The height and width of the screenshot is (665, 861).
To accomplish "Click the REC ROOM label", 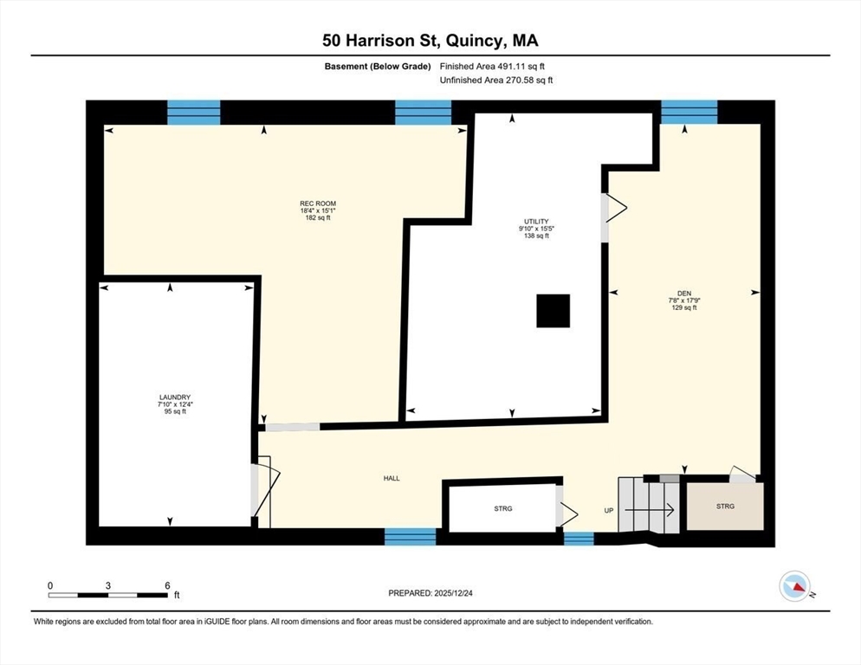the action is [x=318, y=203].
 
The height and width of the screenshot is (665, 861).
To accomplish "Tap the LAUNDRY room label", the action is [x=175, y=397].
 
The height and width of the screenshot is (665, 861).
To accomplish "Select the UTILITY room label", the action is [x=536, y=222].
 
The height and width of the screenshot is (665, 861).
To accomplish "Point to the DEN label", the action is [x=684, y=294].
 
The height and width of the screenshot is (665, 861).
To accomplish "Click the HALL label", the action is [x=392, y=478].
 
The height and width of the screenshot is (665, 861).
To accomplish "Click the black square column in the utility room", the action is [x=553, y=311].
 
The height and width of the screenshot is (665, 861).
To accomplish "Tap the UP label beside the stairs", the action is [x=608, y=511].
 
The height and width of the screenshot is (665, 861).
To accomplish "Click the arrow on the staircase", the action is [x=650, y=510].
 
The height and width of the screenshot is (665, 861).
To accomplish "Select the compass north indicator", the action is [x=795, y=586].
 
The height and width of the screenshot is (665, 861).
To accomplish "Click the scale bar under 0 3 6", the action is [x=107, y=595].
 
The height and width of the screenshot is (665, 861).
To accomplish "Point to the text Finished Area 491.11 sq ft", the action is [x=492, y=67].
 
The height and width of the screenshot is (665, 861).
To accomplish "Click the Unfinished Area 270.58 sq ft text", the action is [x=496, y=81].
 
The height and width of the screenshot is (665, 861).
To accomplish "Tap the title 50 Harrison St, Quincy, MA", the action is [x=430, y=41].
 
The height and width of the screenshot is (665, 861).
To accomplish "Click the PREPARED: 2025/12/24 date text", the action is [x=430, y=593].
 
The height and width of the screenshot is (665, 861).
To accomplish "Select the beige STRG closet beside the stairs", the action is [x=725, y=507].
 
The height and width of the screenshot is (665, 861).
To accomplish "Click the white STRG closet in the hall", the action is [x=502, y=508].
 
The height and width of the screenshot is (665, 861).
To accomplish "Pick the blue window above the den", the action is [x=689, y=112].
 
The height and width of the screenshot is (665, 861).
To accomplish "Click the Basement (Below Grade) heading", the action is [x=378, y=67].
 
